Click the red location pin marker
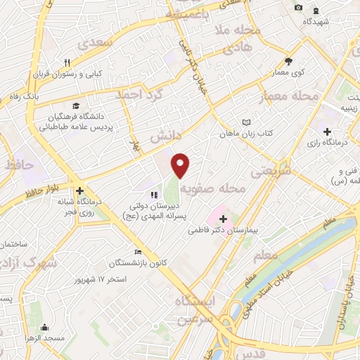pos(181,165)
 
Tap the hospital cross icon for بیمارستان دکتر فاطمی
pos(223,219)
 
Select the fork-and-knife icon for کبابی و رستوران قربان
pos(68,62)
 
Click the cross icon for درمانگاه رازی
pos(327,131)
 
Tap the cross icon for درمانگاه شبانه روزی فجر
pos(80,191)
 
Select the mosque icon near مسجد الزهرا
pos(45,328)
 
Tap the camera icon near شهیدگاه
pos(299,7)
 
